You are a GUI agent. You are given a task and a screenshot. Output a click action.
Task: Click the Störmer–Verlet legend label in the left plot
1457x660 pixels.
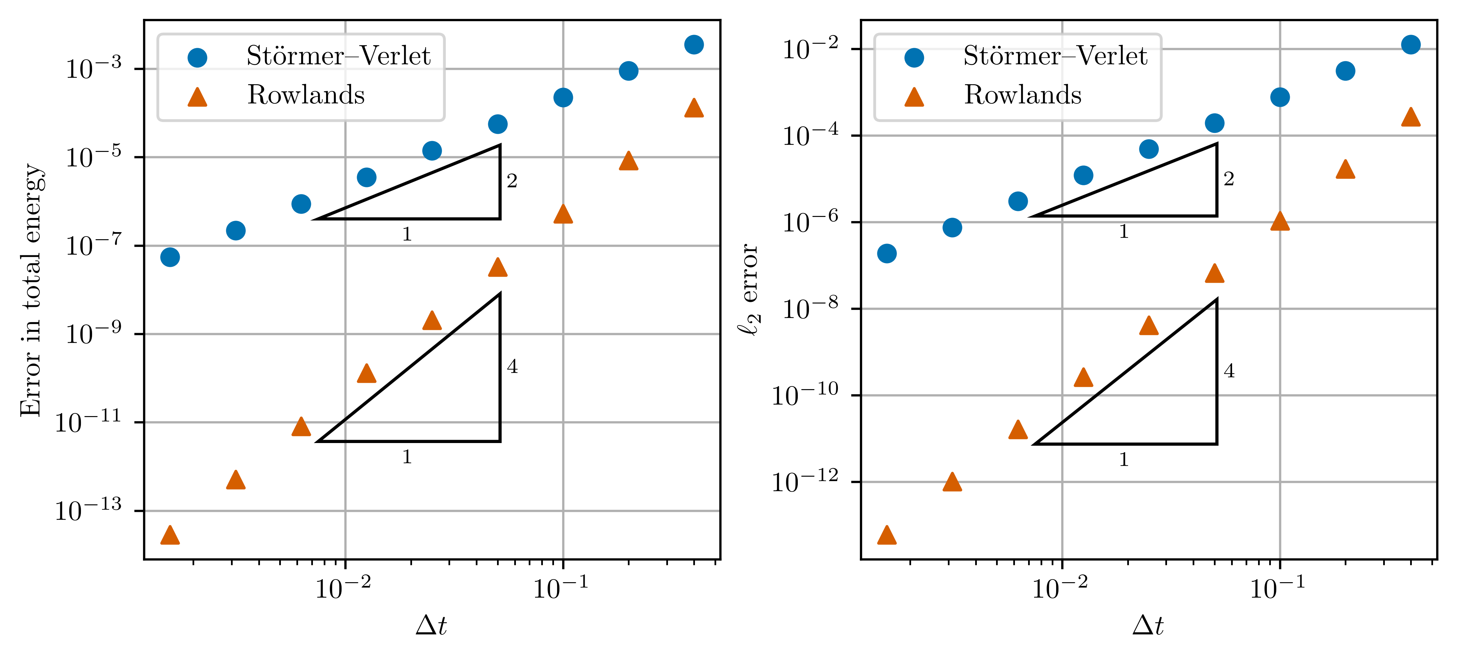[x=338, y=56]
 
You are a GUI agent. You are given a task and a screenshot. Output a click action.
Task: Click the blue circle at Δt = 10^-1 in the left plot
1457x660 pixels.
[x=563, y=97]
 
